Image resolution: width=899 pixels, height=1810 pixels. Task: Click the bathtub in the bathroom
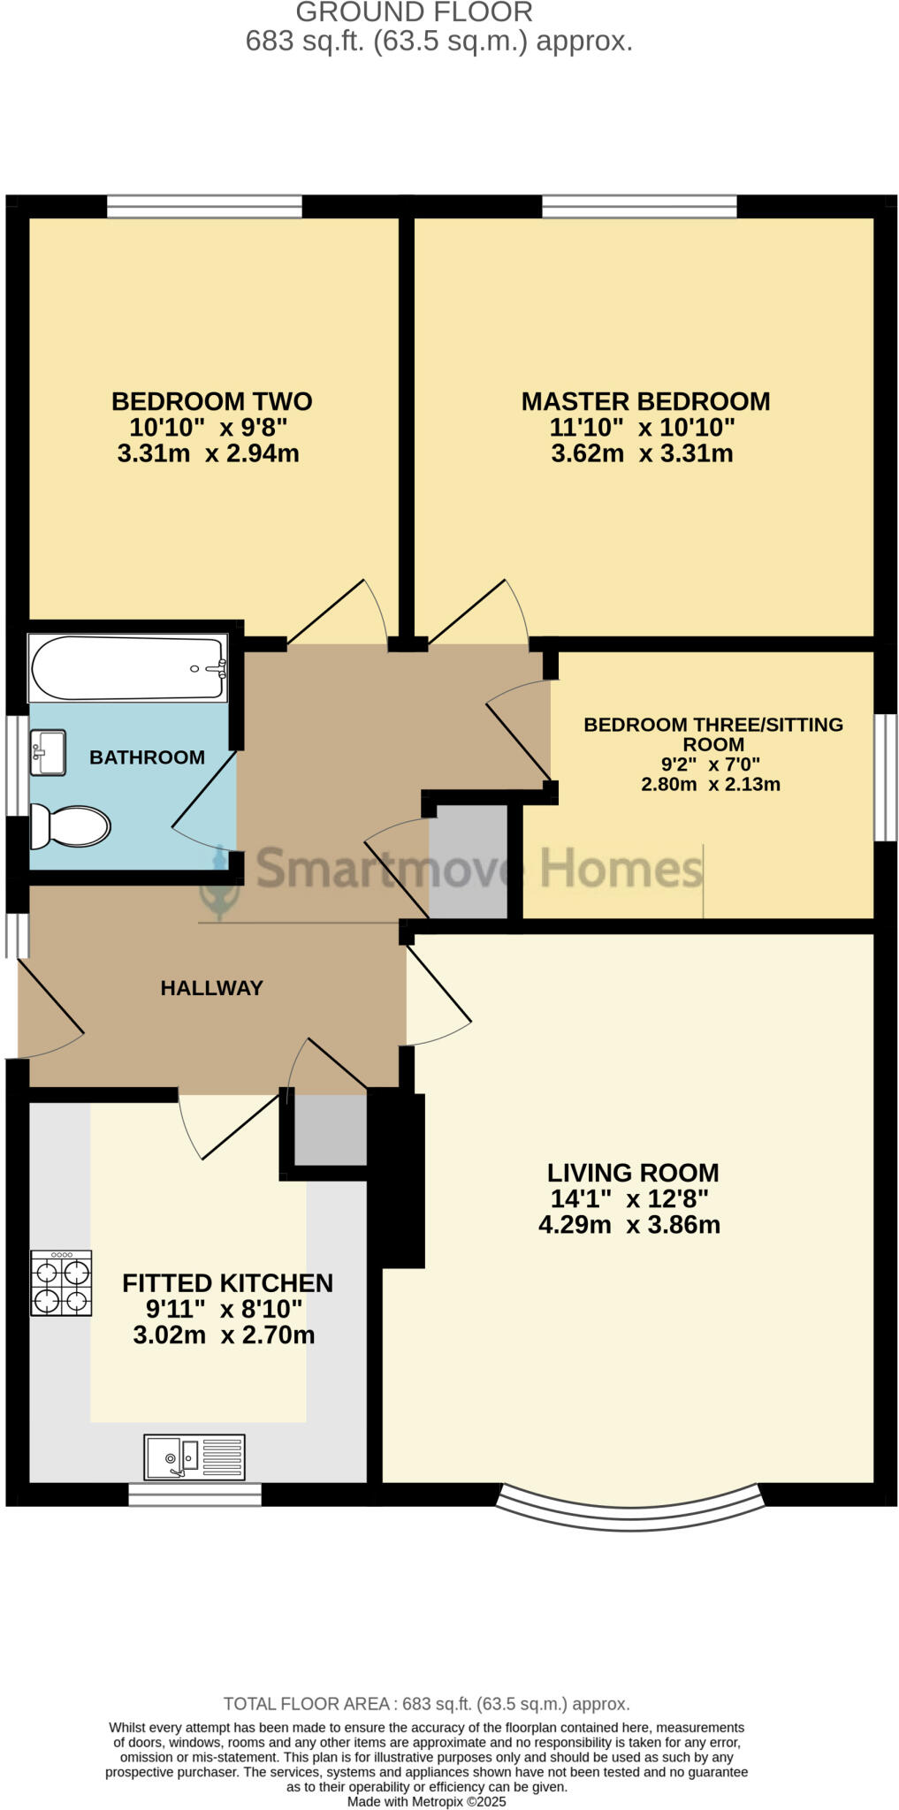(x=128, y=668)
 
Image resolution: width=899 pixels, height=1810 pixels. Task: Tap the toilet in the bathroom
(x=71, y=826)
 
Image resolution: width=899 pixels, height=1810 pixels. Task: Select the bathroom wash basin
(x=48, y=752)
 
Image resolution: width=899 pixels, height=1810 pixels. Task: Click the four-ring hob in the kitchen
(x=61, y=1283)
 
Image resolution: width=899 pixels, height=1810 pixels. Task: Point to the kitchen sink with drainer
(x=194, y=1456)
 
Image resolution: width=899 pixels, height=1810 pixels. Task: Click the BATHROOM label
(x=147, y=757)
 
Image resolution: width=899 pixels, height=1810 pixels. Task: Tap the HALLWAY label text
(x=211, y=988)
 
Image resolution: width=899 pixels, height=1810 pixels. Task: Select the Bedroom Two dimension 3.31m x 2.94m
(x=208, y=454)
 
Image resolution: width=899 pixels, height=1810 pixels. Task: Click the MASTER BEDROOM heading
(x=645, y=402)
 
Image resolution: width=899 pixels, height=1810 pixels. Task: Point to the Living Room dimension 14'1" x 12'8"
(x=629, y=1199)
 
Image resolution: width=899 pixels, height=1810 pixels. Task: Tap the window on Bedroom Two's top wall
(x=204, y=208)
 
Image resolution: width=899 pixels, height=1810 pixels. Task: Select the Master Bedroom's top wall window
(x=638, y=208)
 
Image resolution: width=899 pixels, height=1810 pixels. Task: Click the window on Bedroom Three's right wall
(x=885, y=777)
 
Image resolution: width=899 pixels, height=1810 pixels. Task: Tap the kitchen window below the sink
(x=194, y=1494)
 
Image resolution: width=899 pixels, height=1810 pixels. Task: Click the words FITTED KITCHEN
(x=227, y=1283)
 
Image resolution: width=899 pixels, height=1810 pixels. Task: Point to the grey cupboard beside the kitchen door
(x=330, y=1129)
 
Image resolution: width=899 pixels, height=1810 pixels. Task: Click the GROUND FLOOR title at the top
(x=414, y=12)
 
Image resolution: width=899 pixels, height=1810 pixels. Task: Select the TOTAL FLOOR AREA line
(x=426, y=1704)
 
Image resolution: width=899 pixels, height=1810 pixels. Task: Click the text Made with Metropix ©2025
(x=426, y=1801)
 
